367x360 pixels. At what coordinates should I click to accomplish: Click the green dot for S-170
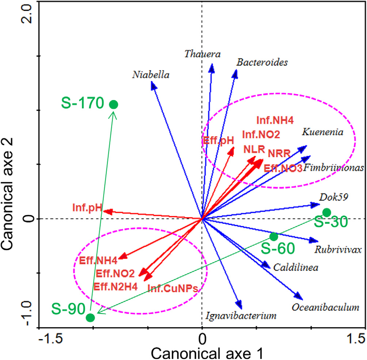coord(114,105)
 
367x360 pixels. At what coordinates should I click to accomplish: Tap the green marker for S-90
coord(90,318)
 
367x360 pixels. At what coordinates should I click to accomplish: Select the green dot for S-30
coord(327,212)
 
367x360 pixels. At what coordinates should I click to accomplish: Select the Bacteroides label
coord(262,62)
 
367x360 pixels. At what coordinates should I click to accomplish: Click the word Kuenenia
coord(322,132)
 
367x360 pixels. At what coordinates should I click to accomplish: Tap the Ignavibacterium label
coord(241,315)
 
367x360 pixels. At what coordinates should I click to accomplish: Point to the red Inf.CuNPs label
coord(173,288)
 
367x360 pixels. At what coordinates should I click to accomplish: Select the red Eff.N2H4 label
coord(116,286)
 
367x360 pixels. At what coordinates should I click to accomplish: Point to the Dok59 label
coord(334,197)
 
